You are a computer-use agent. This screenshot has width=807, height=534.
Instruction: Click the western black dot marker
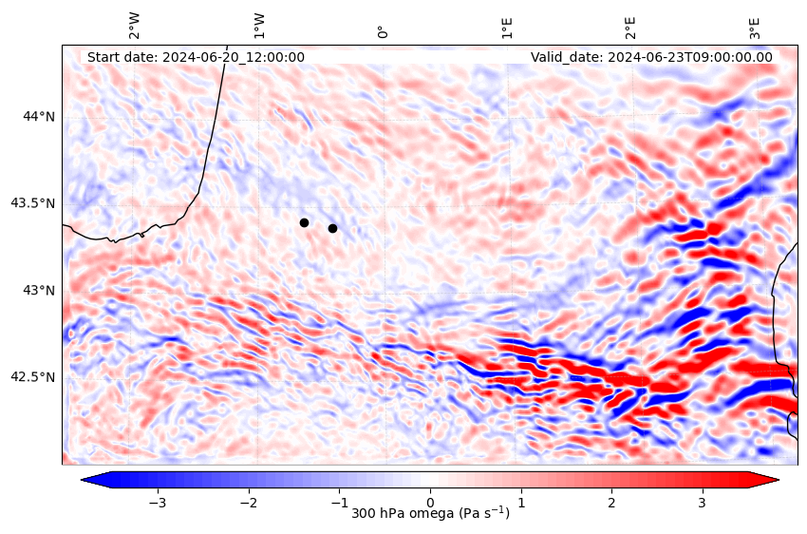(304, 222)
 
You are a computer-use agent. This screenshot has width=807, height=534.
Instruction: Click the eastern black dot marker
(332, 228)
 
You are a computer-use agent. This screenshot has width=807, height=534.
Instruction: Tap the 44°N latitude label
(39, 116)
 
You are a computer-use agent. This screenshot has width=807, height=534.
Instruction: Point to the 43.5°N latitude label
(33, 203)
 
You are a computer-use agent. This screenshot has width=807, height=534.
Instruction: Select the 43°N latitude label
(39, 290)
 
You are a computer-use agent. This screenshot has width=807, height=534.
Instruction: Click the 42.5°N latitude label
(33, 377)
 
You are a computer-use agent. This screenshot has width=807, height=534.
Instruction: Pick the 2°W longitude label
(135, 26)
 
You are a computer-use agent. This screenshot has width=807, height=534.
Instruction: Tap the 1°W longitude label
(259, 26)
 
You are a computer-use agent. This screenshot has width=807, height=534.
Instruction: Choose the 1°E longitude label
(508, 27)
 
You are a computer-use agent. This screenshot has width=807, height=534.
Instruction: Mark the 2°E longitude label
(631, 27)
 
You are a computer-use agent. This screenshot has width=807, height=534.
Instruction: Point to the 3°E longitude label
(756, 27)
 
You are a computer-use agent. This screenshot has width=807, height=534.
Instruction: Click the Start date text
(196, 57)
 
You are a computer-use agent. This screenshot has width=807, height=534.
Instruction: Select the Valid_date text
(651, 57)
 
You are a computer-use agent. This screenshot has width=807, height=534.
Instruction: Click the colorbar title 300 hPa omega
(430, 514)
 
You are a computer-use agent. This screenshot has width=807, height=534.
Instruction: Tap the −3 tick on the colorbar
(158, 502)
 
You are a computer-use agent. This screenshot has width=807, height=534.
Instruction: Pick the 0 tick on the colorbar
(430, 502)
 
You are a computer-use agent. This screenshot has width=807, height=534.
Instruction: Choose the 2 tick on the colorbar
(611, 502)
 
